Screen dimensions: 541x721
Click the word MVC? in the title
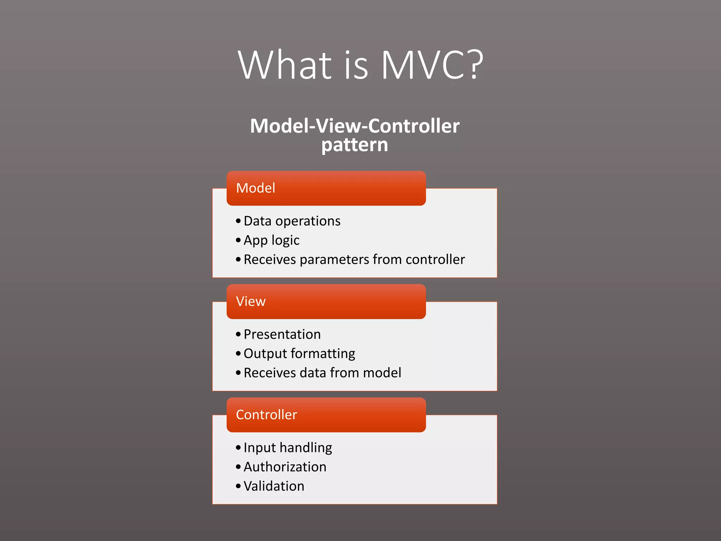point(432,65)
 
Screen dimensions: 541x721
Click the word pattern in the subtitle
point(355,145)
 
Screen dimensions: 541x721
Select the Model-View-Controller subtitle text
point(355,126)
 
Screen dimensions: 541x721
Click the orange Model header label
point(256,188)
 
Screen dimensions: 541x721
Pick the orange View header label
point(251,301)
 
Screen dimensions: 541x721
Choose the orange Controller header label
point(267,415)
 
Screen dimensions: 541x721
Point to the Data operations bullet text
point(292,221)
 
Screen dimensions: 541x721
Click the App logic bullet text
point(271,240)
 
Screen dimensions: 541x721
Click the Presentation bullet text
point(282,334)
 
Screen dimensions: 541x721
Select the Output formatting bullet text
point(299,354)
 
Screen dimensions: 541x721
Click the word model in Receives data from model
point(382,373)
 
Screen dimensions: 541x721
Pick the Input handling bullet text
point(288,448)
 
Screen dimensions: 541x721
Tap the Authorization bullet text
point(285,467)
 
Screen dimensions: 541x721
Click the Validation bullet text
point(274,486)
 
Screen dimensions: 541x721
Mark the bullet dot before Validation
point(238,486)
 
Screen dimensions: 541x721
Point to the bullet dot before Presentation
point(238,334)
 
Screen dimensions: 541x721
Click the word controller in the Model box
point(435,260)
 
